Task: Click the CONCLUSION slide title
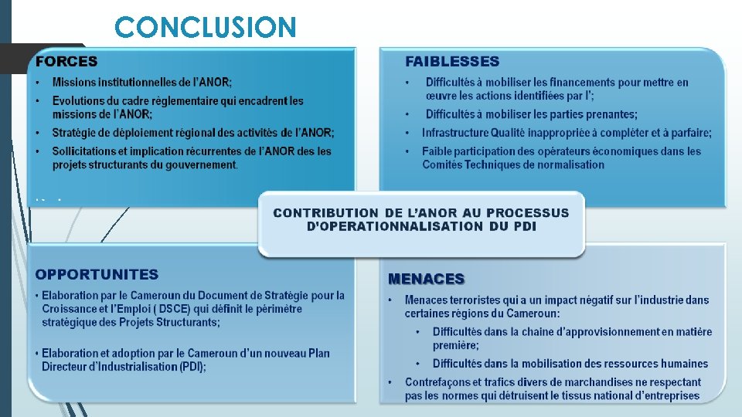click(205, 28)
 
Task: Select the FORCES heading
click(66, 61)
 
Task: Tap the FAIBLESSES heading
click(452, 61)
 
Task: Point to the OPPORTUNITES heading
click(97, 274)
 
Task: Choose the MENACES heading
click(426, 279)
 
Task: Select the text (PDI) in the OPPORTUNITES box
click(191, 367)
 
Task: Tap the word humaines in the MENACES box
click(685, 364)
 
